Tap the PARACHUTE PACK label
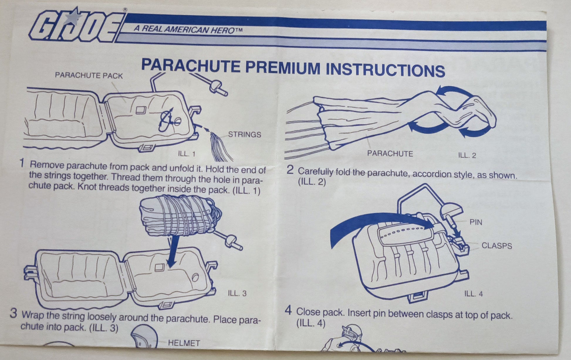89,75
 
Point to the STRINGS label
244,134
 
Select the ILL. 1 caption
187,154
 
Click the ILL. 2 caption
467,155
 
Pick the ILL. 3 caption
237,293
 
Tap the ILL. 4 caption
474,294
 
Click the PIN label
476,222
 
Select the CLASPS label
497,246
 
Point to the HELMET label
184,343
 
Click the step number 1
22,163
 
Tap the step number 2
290,170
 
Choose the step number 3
13,313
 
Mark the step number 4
289,310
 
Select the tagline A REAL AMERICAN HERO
188,29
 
